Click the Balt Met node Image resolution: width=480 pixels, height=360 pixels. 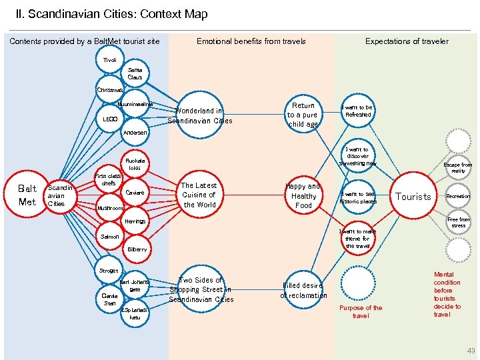(27, 195)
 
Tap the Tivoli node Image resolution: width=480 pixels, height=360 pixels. (110, 61)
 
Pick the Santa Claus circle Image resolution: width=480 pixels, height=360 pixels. (135, 73)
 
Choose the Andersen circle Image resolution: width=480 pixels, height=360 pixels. (135, 132)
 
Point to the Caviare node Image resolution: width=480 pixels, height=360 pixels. (135, 193)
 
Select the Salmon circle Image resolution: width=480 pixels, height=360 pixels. (110, 236)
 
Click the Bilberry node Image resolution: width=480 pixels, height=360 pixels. (136, 249)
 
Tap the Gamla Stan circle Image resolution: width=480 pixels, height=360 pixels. (109, 299)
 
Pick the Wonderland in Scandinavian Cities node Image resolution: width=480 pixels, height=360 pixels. (199, 116)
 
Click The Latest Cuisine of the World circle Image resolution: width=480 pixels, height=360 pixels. (199, 195)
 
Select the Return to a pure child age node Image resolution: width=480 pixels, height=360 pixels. (303, 115)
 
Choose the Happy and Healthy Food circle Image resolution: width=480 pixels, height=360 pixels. (303, 196)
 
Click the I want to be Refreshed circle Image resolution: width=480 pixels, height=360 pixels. (357, 111)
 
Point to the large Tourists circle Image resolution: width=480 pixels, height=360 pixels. (414, 197)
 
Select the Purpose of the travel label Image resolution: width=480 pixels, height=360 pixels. (361, 311)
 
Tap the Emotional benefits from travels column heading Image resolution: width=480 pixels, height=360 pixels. (251, 41)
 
